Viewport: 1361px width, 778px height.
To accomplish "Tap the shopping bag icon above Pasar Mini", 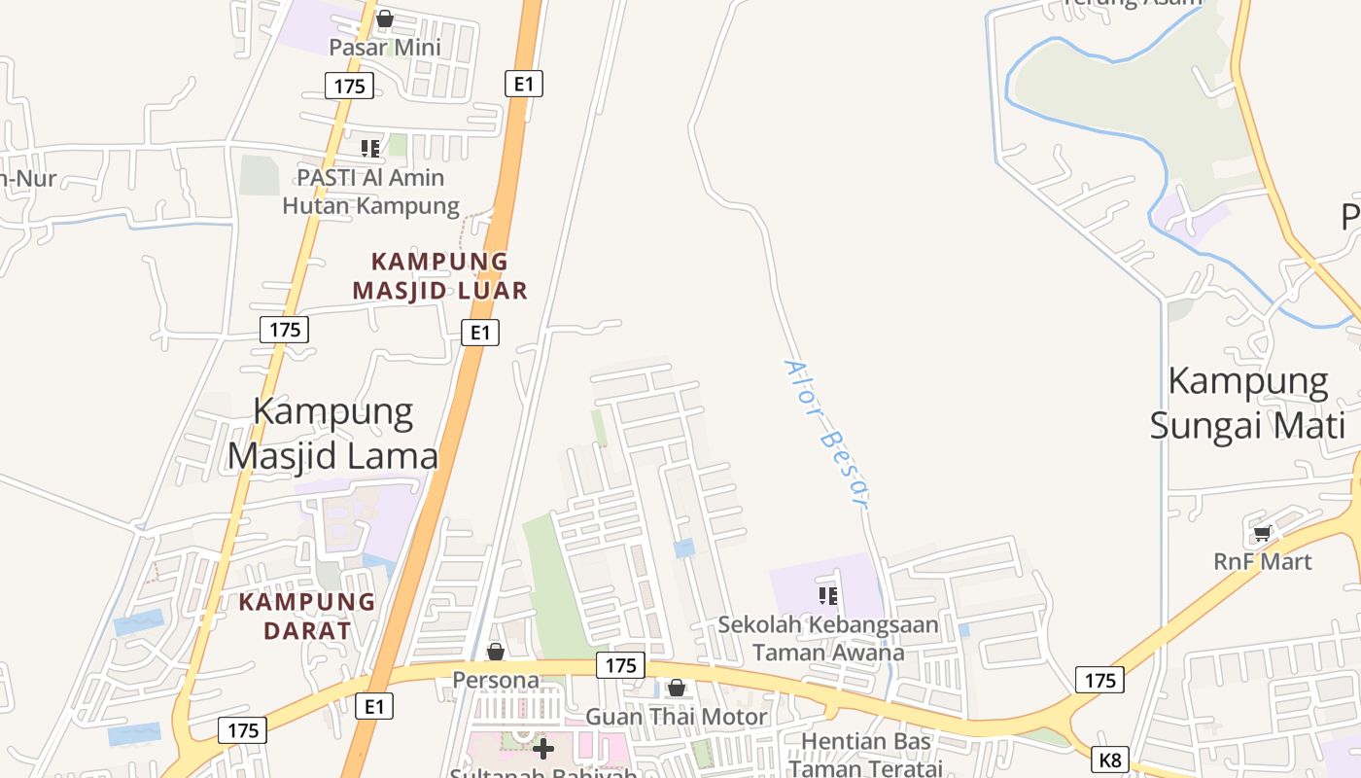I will pyautogui.click(x=385, y=18).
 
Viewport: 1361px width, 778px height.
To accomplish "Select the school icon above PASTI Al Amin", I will pyautogui.click(x=370, y=148).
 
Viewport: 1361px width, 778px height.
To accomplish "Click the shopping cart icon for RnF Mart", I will pyautogui.click(x=1262, y=533).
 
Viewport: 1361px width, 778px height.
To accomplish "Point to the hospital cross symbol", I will pyautogui.click(x=543, y=748).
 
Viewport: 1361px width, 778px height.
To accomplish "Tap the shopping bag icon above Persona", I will pyautogui.click(x=496, y=651).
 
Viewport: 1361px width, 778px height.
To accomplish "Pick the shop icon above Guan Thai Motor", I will pyautogui.click(x=677, y=689).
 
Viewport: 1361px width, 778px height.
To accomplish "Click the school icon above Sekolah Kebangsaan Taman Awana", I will pyautogui.click(x=828, y=595).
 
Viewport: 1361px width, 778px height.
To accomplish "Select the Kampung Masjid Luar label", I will pyautogui.click(x=439, y=275).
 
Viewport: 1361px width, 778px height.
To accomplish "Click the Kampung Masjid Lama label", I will pyautogui.click(x=333, y=434).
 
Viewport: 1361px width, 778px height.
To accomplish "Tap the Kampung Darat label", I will pyautogui.click(x=307, y=616).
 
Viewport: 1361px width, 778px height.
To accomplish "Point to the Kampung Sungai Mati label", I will pyautogui.click(x=1248, y=404).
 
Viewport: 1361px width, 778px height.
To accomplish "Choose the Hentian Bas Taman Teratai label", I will pyautogui.click(x=865, y=755).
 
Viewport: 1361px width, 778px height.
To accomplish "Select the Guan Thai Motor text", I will pyautogui.click(x=676, y=717).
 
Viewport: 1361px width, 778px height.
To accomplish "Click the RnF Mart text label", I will pyautogui.click(x=1263, y=561).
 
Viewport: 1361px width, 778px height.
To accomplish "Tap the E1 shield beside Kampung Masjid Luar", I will pyautogui.click(x=479, y=333).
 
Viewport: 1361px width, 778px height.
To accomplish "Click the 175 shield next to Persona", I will pyautogui.click(x=620, y=665).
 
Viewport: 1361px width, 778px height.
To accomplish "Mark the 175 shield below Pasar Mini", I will pyautogui.click(x=349, y=87).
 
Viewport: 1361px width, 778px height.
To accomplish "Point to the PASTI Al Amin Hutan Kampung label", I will pyautogui.click(x=370, y=192).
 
